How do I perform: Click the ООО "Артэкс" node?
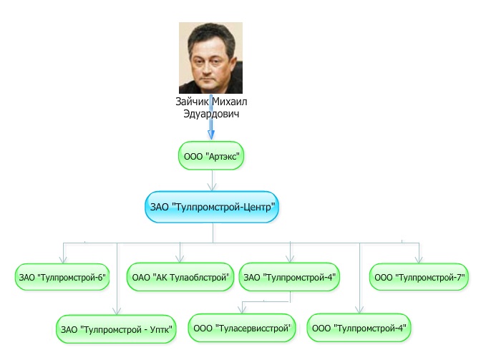(212, 155)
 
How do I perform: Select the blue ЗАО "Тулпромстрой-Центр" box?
(212, 207)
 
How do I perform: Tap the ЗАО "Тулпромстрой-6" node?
(62, 276)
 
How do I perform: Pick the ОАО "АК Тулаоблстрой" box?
(181, 276)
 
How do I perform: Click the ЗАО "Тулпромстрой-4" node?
(289, 276)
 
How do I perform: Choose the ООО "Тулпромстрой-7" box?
(419, 276)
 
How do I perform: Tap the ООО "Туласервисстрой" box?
(242, 327)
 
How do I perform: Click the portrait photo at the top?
(210, 58)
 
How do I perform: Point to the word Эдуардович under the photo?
(212, 114)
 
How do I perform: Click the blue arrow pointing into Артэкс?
(212, 132)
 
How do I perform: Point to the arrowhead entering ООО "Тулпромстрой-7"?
(419, 258)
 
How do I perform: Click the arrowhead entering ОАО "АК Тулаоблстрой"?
(181, 258)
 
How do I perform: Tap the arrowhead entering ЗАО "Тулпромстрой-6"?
(62, 258)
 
